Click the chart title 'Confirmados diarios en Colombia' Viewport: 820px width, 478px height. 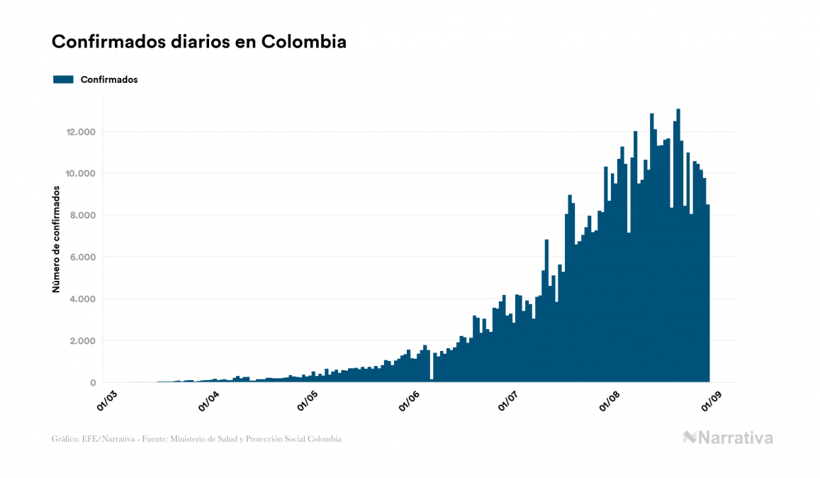(x=199, y=42)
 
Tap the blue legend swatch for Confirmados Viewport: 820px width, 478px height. (x=63, y=79)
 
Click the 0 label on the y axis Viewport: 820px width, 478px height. (x=93, y=383)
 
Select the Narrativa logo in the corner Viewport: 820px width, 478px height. (x=728, y=438)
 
